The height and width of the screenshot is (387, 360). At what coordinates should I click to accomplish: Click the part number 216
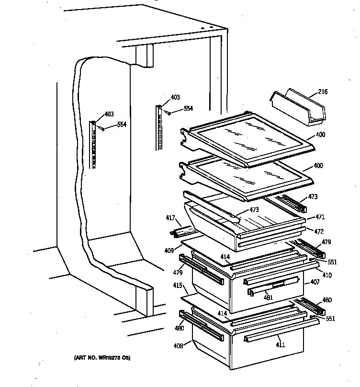click(x=323, y=91)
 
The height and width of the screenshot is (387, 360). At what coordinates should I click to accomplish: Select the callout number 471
click(x=319, y=216)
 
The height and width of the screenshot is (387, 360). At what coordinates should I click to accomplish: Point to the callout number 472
click(x=319, y=231)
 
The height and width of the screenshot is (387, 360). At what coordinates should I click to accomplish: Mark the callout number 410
click(x=327, y=275)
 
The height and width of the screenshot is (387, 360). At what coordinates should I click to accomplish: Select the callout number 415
click(x=178, y=286)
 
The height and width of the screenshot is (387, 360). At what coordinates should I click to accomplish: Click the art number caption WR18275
click(x=101, y=358)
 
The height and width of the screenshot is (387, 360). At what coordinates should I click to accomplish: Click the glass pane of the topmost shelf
click(x=249, y=139)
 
